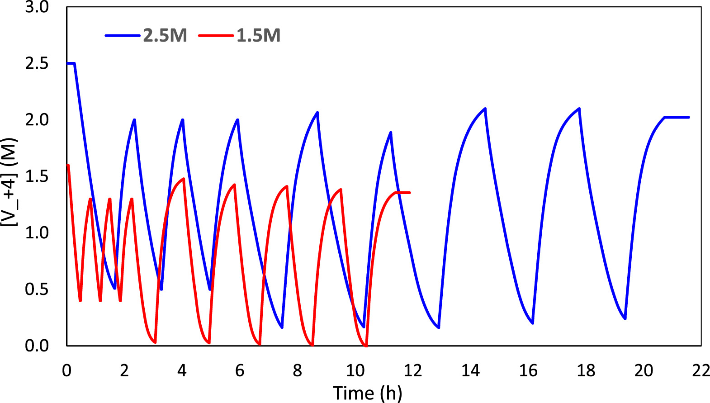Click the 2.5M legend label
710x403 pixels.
165,35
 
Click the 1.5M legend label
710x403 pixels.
258,35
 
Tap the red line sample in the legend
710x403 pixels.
216,35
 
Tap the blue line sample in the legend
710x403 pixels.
123,35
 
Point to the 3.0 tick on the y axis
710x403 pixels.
37,7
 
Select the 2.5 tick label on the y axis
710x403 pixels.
37,63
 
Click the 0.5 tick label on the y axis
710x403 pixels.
37,289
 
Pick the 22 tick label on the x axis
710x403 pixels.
700,371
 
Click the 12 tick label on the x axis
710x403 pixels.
412,371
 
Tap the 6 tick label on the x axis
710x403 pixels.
240,371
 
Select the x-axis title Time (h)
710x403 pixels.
367,393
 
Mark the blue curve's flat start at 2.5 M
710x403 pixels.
71,63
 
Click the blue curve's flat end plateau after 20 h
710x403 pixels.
677,117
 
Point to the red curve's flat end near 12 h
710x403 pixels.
403,193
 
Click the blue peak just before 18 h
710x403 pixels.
579,109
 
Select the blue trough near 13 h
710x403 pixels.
439,327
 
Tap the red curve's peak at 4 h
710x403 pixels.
184,179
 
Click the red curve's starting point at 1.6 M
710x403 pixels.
68,165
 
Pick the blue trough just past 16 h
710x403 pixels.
533,323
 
